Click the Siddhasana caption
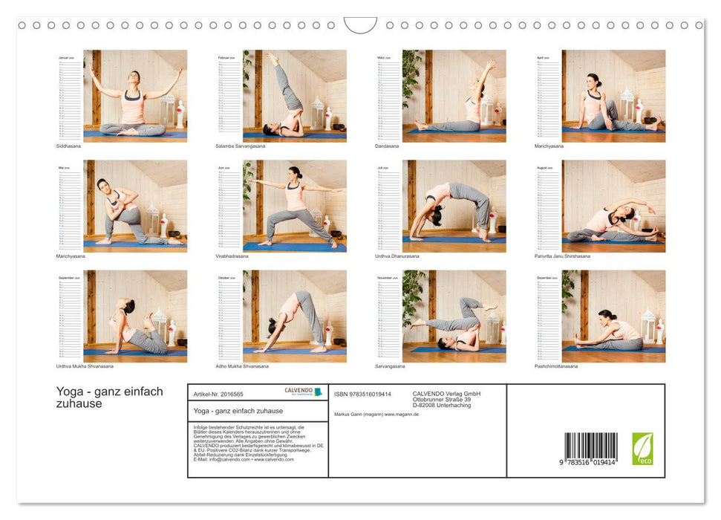70,146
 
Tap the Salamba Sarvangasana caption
240,146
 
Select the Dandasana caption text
387,146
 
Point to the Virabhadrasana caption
232,256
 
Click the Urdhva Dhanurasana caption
397,256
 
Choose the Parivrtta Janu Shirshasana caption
562,256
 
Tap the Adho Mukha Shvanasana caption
242,366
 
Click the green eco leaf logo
642,449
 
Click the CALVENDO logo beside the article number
303,392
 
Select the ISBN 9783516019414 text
362,394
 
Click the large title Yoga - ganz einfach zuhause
109,397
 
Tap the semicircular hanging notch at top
360,25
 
